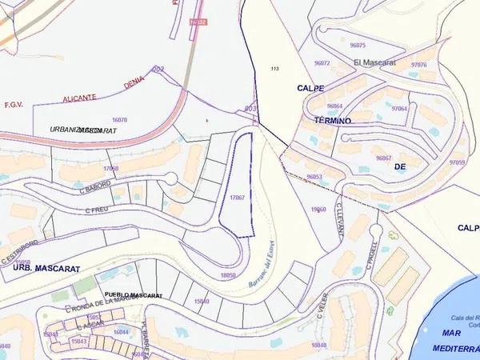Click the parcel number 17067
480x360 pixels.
237,197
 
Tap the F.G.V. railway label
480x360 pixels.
14,104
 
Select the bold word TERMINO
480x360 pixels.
327,120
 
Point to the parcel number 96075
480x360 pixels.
357,46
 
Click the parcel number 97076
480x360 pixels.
418,64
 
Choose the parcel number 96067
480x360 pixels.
383,158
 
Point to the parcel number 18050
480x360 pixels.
228,274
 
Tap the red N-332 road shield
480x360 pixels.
198,22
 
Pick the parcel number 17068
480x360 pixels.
111,168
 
